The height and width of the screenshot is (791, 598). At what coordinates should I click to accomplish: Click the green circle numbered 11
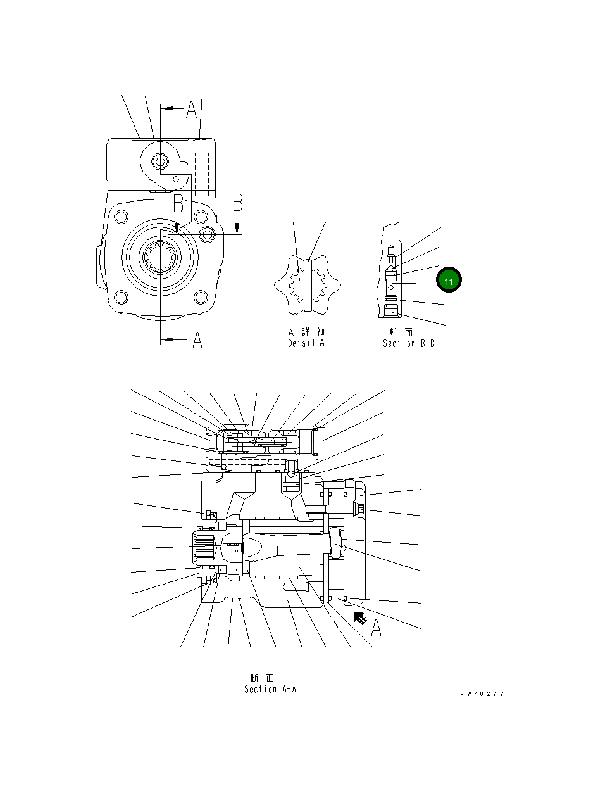click(x=448, y=280)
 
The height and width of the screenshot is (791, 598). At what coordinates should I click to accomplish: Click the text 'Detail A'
click(x=306, y=344)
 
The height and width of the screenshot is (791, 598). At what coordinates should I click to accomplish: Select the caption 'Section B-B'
click(x=408, y=344)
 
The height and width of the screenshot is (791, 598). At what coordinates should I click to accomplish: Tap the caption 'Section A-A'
click(x=270, y=689)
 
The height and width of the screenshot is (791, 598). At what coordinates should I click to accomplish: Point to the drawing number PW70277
click(x=482, y=694)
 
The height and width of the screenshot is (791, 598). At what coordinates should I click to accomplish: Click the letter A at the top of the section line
click(x=191, y=110)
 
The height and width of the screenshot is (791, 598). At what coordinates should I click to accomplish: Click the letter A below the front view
click(x=197, y=341)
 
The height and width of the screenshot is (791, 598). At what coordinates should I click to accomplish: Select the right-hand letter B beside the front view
click(x=237, y=203)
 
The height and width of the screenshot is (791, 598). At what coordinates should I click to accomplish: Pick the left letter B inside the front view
click(x=178, y=204)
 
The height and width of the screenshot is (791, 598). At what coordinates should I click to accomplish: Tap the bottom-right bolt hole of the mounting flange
click(x=201, y=296)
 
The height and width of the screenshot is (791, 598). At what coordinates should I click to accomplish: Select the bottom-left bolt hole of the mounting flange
click(x=120, y=296)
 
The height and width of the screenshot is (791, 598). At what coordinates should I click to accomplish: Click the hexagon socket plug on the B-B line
click(x=208, y=235)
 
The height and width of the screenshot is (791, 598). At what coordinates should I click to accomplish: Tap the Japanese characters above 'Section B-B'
click(x=401, y=332)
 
